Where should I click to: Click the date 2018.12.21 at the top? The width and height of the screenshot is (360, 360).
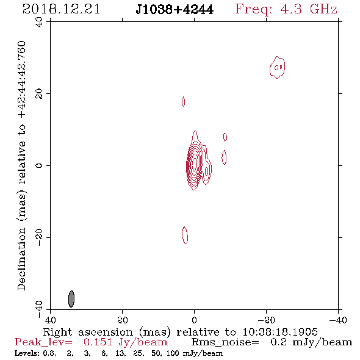(x=61, y=9)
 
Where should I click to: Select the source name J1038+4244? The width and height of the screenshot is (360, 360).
(x=175, y=10)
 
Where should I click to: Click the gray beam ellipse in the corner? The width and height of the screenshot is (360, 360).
(x=71, y=299)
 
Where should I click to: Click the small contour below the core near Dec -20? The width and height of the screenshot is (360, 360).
(x=185, y=235)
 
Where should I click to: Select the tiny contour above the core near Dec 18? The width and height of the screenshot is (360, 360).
(x=183, y=101)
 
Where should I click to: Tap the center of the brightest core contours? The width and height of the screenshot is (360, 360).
(x=195, y=164)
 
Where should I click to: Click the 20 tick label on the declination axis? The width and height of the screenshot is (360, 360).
(x=39, y=94)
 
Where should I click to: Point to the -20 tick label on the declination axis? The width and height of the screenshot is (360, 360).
(x=39, y=237)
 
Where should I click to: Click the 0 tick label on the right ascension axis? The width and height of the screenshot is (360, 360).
(x=194, y=320)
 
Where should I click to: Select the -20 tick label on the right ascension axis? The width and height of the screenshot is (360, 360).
(x=266, y=320)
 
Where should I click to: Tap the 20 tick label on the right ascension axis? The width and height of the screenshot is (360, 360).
(x=123, y=320)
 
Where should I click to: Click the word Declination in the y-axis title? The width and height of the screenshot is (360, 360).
(x=21, y=259)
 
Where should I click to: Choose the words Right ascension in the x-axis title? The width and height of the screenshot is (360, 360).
(x=88, y=332)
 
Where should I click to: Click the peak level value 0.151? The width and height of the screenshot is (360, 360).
(x=98, y=342)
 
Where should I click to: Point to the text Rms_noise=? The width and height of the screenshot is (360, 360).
(x=225, y=342)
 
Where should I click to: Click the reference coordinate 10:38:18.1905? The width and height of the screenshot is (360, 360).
(x=280, y=332)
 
